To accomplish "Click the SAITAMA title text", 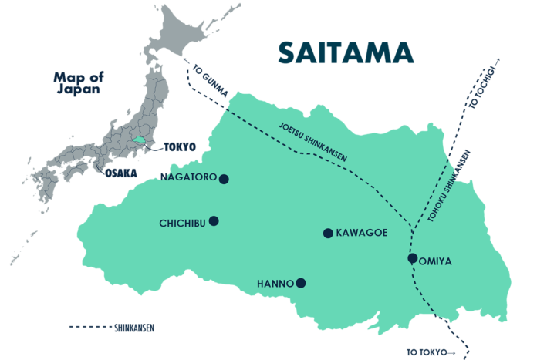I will click(345, 52).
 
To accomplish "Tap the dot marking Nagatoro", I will click(224, 179).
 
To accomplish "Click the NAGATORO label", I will click(187, 177).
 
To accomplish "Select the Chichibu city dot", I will click(214, 221).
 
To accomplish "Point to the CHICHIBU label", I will click(182, 224).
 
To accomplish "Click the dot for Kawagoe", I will click(328, 233).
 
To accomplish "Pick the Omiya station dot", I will click(413, 257).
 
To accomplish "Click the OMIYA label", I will click(435, 261).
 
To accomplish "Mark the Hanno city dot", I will click(301, 283).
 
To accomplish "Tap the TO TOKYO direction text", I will click(426, 352).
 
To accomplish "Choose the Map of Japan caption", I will click(77, 82).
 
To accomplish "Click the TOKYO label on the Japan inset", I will click(181, 146).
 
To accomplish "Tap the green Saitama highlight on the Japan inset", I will click(138, 141).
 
